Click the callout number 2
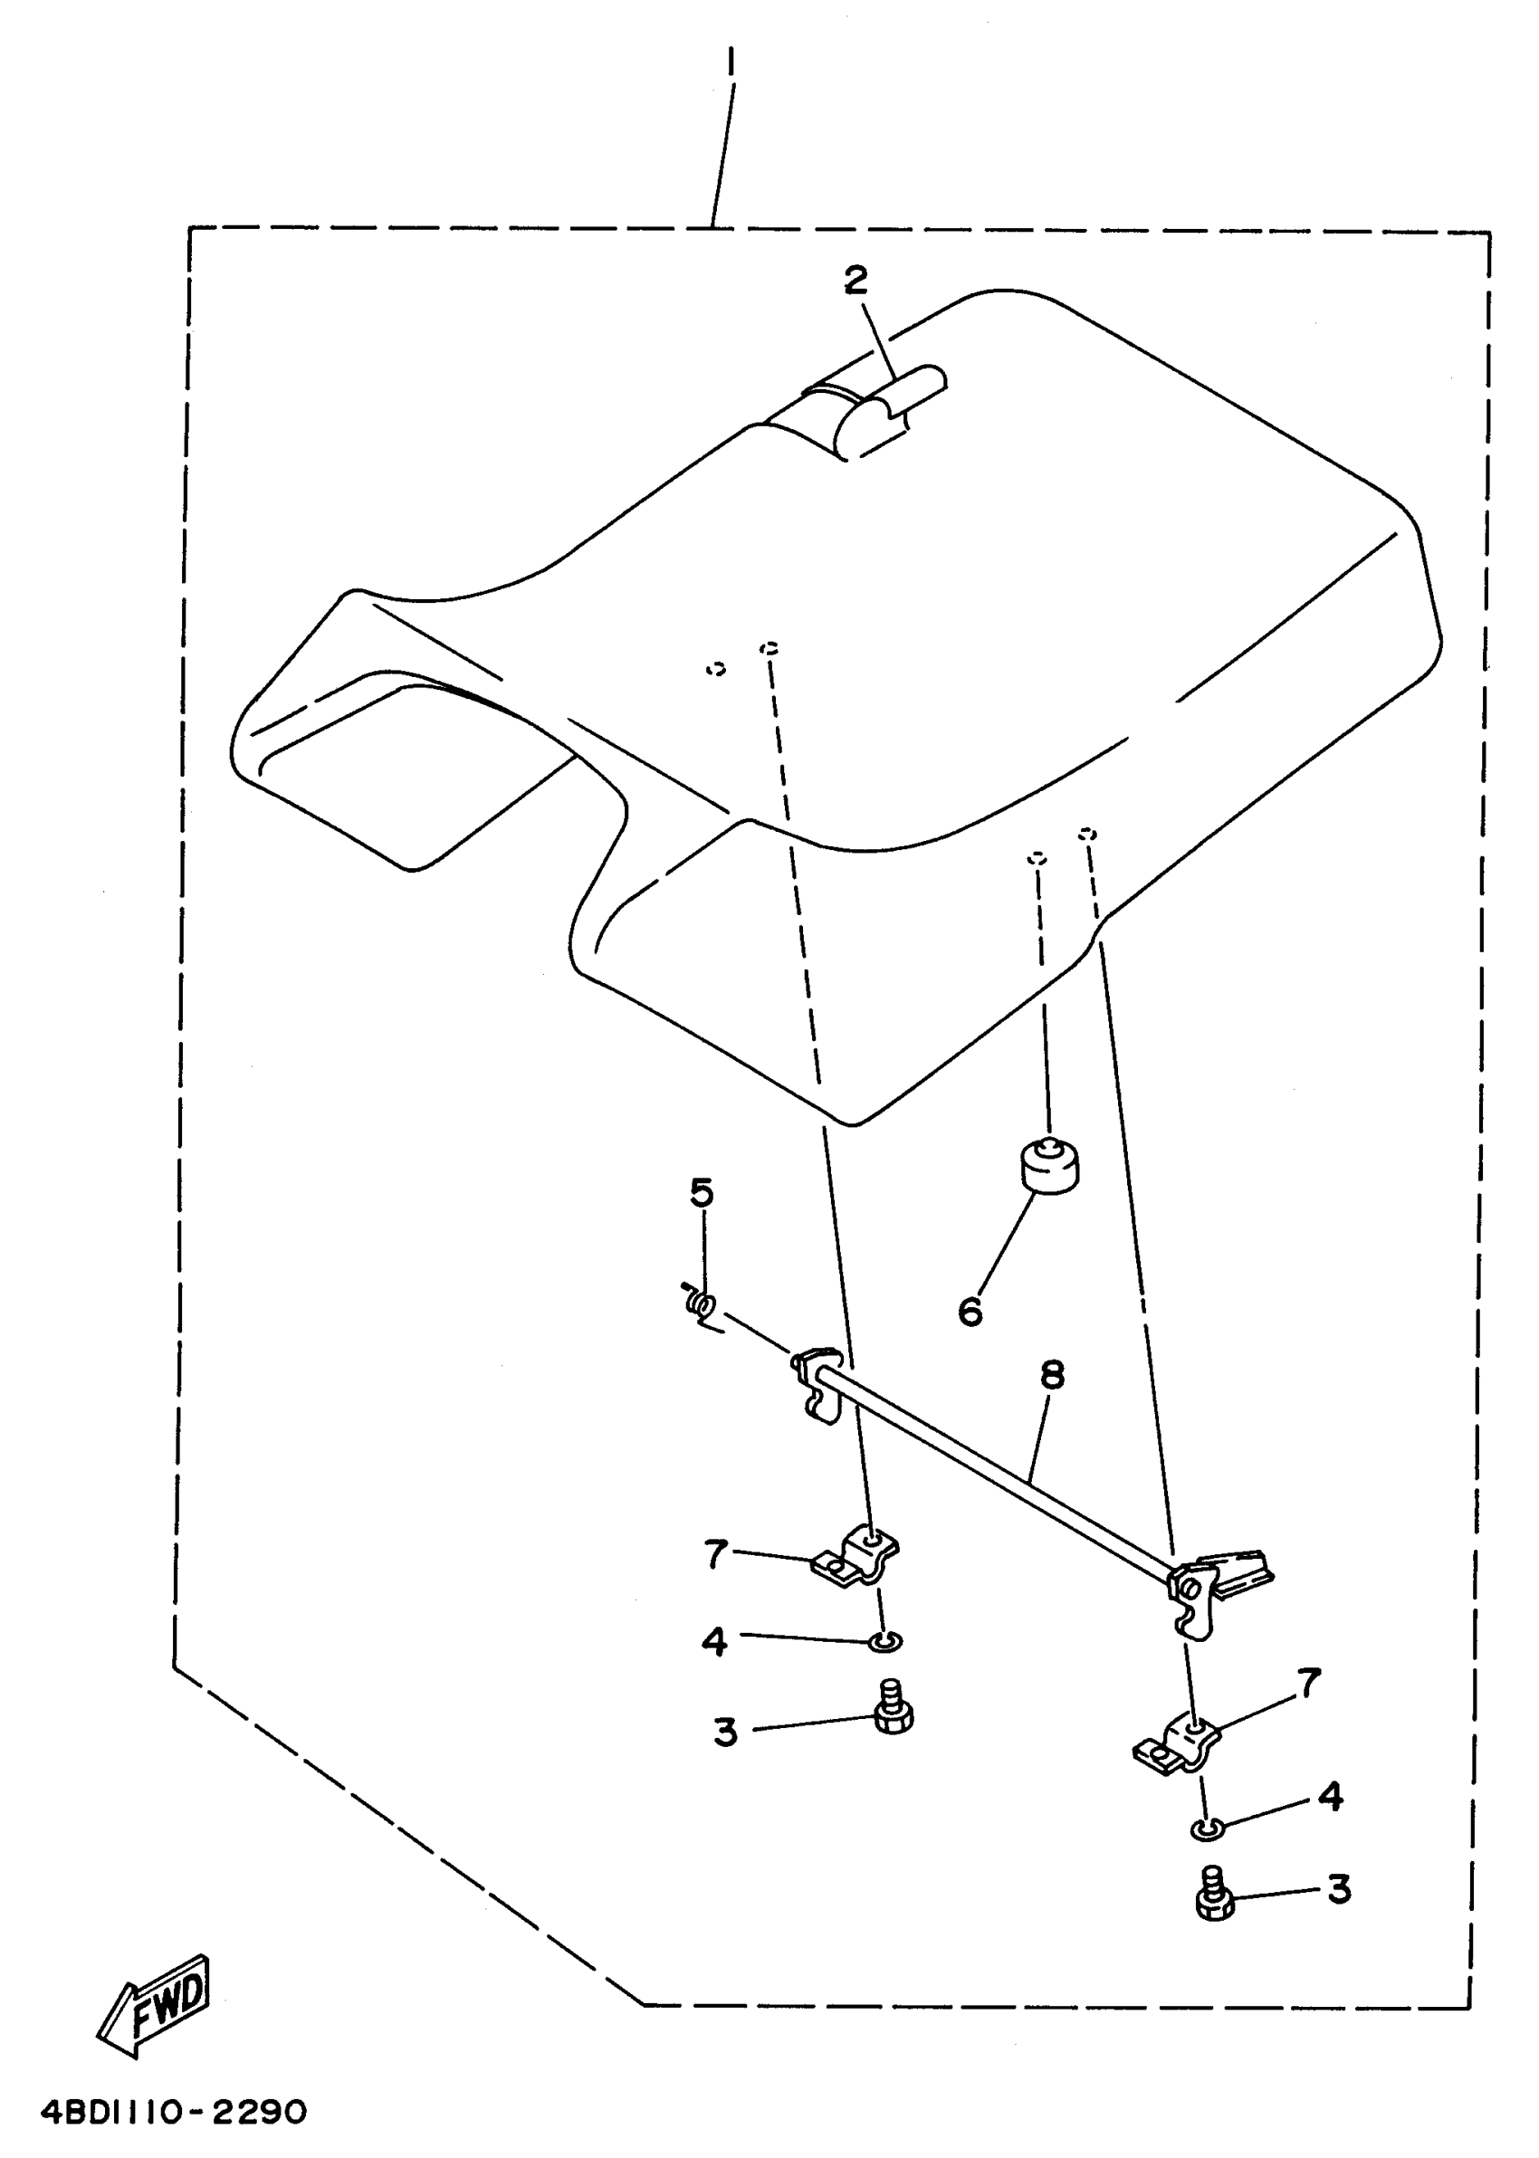[x=856, y=281]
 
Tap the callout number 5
[x=702, y=1194]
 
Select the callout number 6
[x=970, y=1312]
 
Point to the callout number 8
[x=1052, y=1375]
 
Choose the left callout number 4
[x=714, y=1642]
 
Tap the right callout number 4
[x=1332, y=1796]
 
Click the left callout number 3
[x=725, y=1733]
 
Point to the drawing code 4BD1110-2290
[x=174, y=2113]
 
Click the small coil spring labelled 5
[x=703, y=1305]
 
